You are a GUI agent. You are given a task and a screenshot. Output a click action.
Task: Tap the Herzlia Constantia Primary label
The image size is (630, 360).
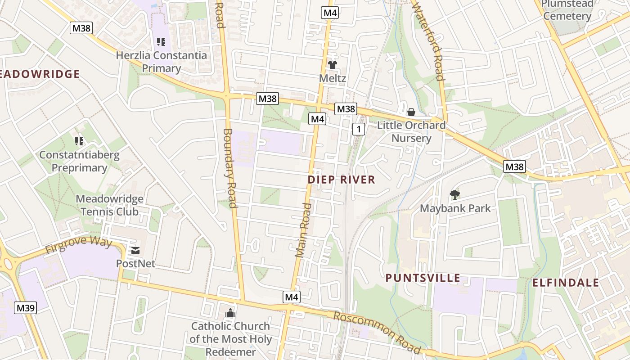(x=162, y=62)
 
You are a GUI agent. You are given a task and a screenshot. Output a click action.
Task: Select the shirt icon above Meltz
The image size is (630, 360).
(x=333, y=65)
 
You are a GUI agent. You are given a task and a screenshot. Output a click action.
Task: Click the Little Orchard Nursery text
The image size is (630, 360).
(x=411, y=131)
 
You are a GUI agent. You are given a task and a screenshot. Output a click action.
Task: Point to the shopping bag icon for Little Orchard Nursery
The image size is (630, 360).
(x=411, y=112)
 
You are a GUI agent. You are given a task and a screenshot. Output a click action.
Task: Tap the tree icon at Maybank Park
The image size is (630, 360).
(x=455, y=195)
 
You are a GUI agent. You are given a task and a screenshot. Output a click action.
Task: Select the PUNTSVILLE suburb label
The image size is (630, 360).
(x=423, y=278)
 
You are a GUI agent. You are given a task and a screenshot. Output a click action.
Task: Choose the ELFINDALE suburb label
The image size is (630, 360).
(x=566, y=283)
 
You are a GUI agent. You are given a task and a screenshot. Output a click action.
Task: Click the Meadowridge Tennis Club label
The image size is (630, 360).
(x=109, y=205)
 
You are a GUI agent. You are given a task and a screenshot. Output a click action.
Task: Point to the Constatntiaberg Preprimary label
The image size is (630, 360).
(x=79, y=162)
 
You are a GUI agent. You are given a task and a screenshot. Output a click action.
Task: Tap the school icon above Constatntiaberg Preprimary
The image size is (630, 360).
(x=79, y=141)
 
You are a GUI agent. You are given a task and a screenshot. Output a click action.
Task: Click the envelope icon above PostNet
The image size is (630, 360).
(x=135, y=251)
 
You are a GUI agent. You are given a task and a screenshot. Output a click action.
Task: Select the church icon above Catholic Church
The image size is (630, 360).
(x=230, y=313)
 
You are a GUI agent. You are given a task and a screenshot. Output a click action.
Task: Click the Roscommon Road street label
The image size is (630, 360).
(x=377, y=333)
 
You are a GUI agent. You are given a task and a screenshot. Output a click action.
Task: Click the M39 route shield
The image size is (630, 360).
(x=26, y=308)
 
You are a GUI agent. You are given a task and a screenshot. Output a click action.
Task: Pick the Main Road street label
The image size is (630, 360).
(x=304, y=230)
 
